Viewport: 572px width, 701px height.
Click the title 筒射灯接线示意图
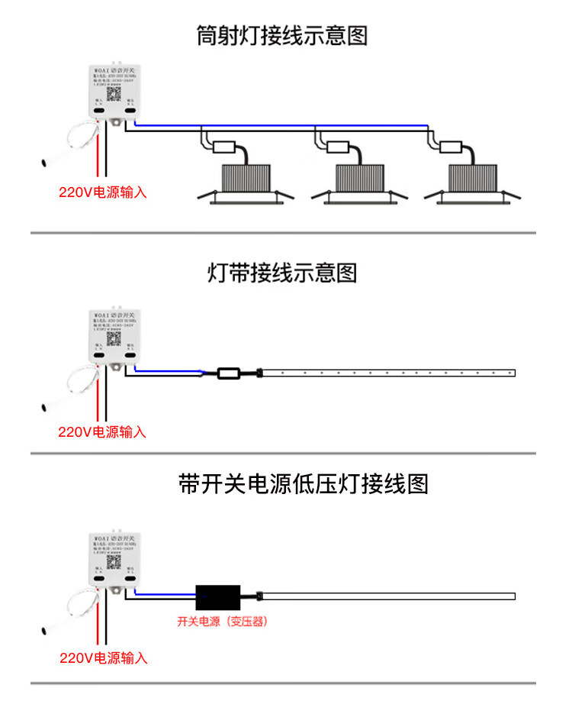(282, 36)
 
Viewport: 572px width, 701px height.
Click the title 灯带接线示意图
(282, 273)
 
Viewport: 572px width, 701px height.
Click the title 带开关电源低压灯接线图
(304, 483)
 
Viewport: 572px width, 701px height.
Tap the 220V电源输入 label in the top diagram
(103, 192)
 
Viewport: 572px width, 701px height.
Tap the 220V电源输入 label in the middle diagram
(102, 431)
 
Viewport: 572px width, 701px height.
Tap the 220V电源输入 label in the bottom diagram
(104, 657)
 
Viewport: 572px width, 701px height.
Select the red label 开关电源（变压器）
(222, 622)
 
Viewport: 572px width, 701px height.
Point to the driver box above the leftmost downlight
(227, 147)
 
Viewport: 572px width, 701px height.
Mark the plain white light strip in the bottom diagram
(389, 596)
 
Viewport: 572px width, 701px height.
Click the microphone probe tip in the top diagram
(45, 163)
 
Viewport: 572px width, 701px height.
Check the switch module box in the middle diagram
(114, 336)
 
